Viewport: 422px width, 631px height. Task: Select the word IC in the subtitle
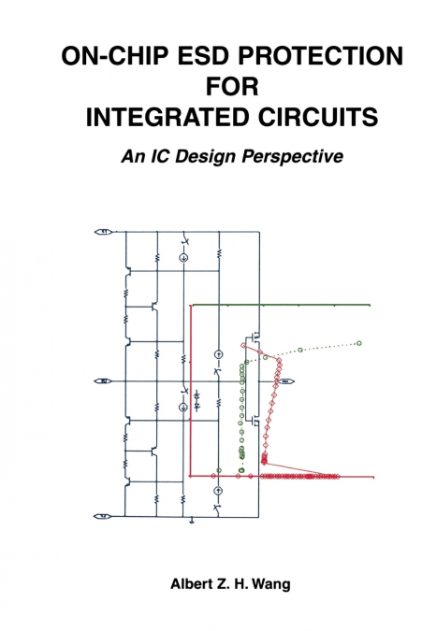[x=164, y=156]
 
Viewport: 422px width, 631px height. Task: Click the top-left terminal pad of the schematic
[x=106, y=231]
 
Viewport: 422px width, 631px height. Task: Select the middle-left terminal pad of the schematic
[x=106, y=380]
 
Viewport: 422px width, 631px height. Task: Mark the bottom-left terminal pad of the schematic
[x=106, y=515]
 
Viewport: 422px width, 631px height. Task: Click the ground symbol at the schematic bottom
[x=192, y=522]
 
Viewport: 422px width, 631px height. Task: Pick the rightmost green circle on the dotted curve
[x=358, y=343]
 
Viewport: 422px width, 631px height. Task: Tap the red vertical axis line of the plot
[x=191, y=393]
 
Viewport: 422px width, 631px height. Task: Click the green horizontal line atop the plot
[x=281, y=306]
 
